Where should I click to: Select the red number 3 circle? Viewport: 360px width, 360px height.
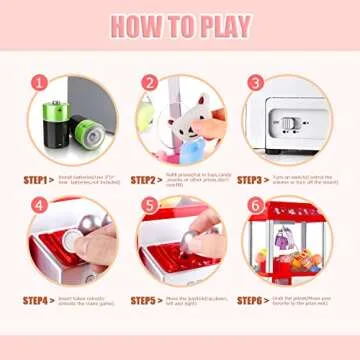pos(255,85)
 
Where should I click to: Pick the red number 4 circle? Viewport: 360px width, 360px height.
pos(41,206)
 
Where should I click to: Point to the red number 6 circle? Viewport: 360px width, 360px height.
pos(255,206)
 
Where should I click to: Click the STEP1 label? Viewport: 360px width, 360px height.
pos(36,181)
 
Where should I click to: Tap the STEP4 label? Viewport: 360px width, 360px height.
pos(36,299)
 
